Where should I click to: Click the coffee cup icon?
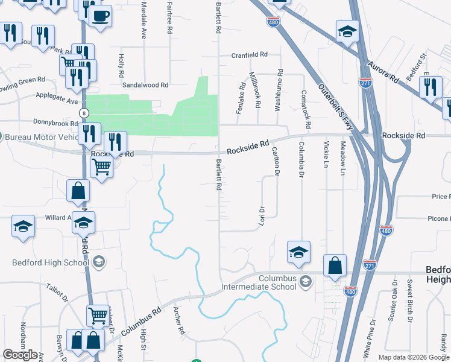pos(101,15)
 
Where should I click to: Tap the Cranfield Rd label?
pos(250,55)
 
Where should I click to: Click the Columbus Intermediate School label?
pos(279,282)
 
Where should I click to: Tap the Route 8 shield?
pos(83,113)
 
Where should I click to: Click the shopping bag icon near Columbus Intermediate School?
pos(335,265)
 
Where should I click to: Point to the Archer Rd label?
pos(178,320)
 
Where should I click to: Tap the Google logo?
pos(20,355)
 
